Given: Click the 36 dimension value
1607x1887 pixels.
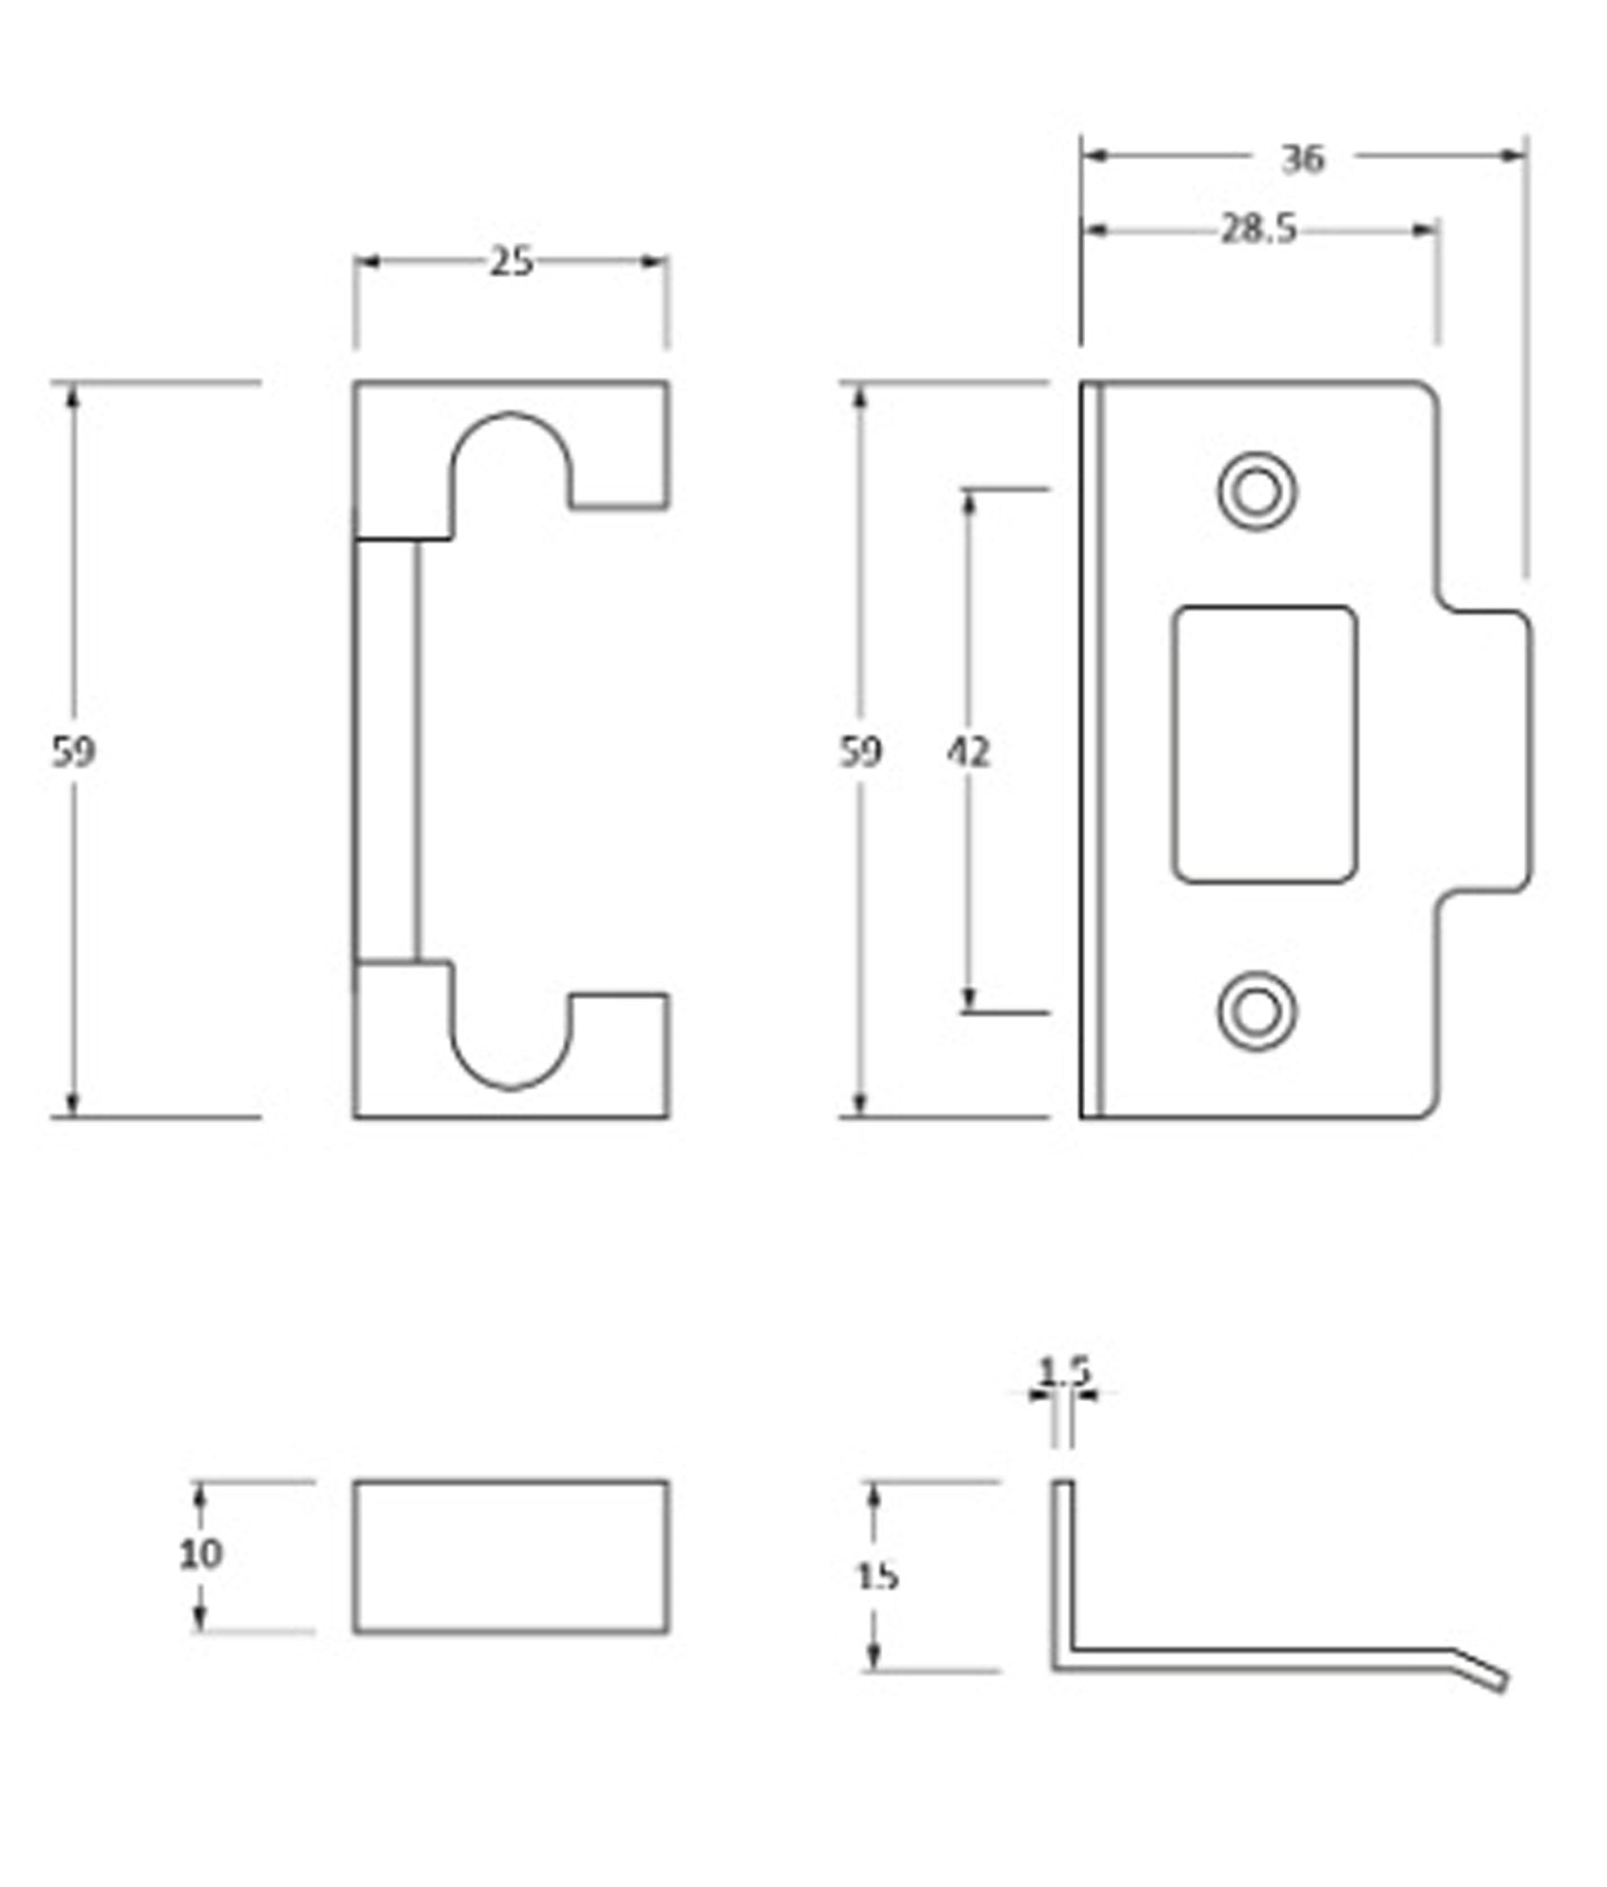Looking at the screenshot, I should click(x=1302, y=159).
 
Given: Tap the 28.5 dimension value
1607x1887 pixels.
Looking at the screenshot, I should click(x=1259, y=230).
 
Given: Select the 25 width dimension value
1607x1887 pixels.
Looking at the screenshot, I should click(x=512, y=262).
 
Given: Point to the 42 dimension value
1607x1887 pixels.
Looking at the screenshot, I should click(x=968, y=753).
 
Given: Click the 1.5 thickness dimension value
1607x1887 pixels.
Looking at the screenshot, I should click(x=1063, y=1373).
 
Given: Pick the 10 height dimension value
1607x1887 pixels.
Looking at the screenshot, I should click(x=201, y=1555).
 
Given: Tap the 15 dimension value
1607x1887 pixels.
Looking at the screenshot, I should click(x=876, y=1576).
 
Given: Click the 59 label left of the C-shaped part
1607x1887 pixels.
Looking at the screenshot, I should click(x=73, y=753).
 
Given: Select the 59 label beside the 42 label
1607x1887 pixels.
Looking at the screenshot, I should click(x=860, y=753).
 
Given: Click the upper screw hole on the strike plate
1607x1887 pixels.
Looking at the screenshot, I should click(x=1256, y=492).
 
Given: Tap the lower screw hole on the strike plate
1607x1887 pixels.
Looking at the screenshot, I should click(x=1256, y=1012).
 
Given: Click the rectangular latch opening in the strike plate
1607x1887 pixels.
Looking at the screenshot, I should click(x=1265, y=744).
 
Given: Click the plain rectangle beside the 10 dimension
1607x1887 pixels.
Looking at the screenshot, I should click(x=512, y=1556).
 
